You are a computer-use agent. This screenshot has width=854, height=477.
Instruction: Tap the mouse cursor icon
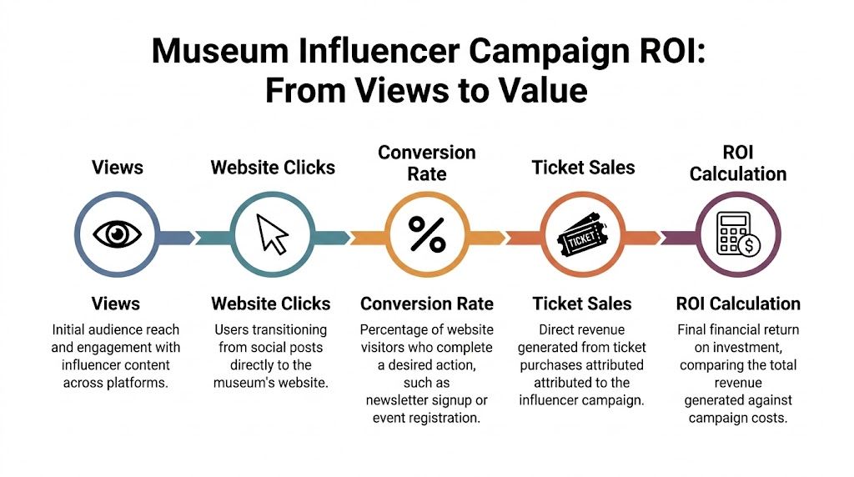tap(272, 234)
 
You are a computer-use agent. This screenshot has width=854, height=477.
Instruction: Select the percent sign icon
tap(427, 235)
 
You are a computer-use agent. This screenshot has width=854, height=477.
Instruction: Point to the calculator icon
tap(738, 234)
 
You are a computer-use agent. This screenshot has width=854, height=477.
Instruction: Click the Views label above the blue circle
tap(117, 167)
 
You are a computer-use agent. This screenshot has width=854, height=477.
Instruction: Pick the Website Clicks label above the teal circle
tap(273, 167)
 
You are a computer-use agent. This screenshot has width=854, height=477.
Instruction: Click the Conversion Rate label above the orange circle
tap(426, 163)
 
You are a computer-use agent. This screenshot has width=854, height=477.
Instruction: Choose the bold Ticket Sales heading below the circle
tap(582, 304)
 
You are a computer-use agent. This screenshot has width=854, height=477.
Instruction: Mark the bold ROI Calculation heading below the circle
tap(738, 304)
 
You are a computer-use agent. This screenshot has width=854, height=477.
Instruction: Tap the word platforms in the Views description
tap(145, 383)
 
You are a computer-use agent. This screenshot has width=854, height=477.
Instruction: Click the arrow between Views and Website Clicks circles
tap(178, 237)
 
